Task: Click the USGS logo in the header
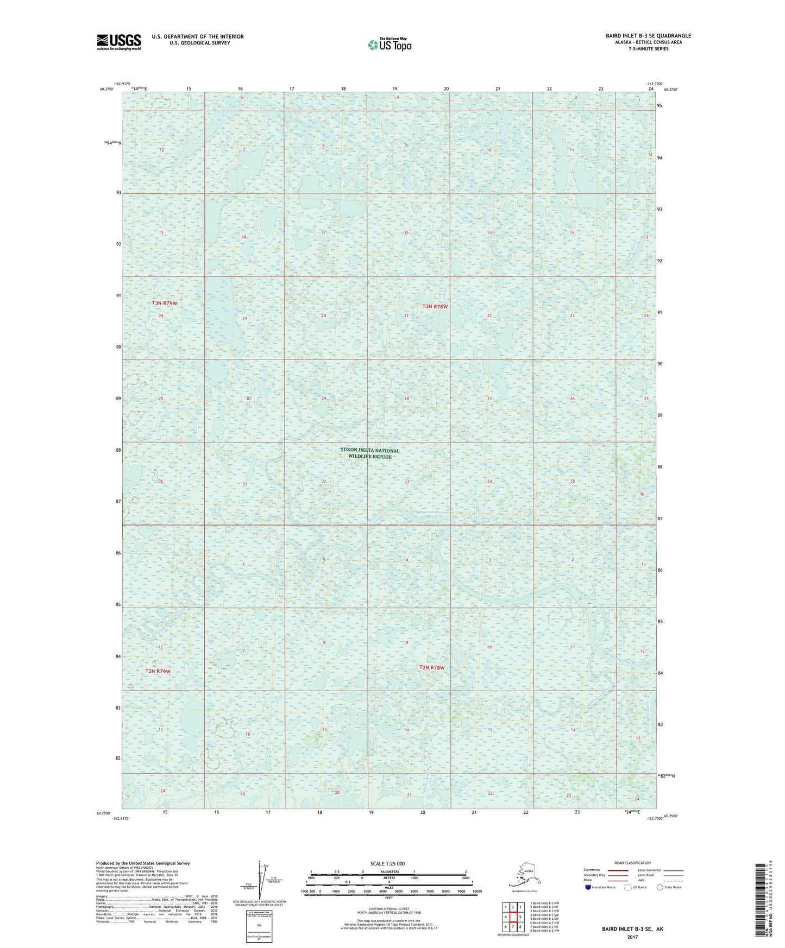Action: point(119,42)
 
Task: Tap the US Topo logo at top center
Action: point(389,44)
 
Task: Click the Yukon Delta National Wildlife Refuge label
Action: point(369,453)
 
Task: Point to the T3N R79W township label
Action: point(164,303)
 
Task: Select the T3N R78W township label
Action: point(435,307)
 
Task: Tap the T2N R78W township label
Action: point(432,667)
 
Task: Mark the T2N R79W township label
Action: point(158,671)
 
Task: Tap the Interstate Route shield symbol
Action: point(588,887)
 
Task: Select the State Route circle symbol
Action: point(660,887)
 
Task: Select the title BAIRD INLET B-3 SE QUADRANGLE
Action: point(648,36)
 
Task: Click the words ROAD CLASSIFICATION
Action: point(632,863)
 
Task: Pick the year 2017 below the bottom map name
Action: point(632,937)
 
